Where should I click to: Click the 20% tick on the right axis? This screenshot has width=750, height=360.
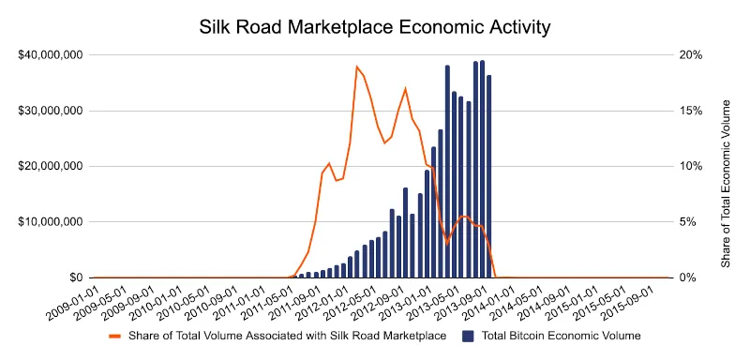[689, 54]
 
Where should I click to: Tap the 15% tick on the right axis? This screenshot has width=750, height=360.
[689, 111]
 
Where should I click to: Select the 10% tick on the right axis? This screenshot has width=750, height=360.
[689, 166]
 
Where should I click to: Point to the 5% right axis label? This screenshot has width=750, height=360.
[687, 222]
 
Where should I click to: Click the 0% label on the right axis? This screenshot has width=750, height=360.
[687, 277]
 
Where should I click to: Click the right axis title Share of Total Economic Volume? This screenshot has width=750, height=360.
[727, 166]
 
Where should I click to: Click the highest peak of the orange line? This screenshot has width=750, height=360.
[356, 67]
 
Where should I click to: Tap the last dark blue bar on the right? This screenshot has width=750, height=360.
[489, 176]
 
